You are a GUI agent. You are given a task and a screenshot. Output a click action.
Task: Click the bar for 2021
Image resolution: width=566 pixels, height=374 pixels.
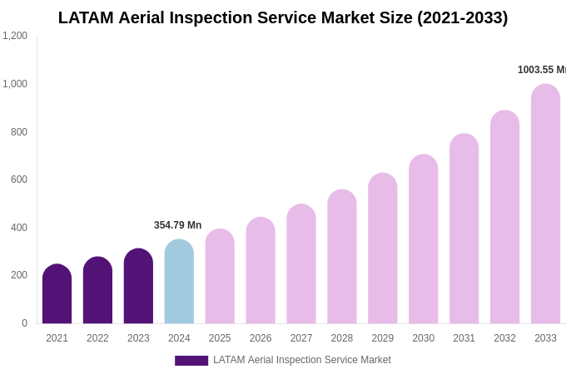[x=57, y=294]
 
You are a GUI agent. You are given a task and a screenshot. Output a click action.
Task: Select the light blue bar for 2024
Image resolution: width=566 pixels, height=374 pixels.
[x=179, y=282]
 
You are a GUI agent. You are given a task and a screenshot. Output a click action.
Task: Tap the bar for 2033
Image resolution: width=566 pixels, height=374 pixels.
[x=545, y=204]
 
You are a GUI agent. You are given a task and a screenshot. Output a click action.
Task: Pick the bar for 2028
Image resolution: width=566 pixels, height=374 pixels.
[x=342, y=257]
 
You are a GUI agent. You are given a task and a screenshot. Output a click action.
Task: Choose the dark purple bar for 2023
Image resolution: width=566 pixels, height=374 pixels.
[x=138, y=286]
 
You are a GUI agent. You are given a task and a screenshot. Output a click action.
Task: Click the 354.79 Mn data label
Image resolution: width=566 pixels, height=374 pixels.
[x=177, y=225]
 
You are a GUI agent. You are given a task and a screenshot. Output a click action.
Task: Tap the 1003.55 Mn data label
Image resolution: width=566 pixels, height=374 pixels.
[x=541, y=70]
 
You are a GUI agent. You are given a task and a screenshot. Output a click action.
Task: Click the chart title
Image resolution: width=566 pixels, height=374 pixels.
[x=283, y=17]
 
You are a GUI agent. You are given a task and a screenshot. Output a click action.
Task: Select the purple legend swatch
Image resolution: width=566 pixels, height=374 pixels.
[x=191, y=361]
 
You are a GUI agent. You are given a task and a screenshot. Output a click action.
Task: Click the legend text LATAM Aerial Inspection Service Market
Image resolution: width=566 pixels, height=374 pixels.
[x=301, y=360]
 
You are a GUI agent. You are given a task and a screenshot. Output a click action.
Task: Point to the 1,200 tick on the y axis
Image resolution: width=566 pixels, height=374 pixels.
[x=15, y=36]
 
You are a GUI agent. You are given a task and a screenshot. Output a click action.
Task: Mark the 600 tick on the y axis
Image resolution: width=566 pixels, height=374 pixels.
[x=18, y=180]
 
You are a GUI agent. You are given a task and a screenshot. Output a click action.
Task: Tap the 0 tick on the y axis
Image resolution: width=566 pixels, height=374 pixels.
[x=24, y=323]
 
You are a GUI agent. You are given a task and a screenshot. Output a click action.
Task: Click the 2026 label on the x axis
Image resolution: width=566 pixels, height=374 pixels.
[x=261, y=338]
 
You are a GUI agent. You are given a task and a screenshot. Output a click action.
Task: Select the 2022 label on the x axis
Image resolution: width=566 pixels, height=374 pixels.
[x=97, y=338]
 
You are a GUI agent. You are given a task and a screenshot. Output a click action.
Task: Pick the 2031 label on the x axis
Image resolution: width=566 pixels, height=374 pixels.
[x=464, y=338]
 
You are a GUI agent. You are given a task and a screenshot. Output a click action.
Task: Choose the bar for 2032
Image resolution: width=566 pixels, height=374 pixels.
[x=504, y=217]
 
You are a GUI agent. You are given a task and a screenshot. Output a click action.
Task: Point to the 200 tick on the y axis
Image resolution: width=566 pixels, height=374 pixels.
[x=18, y=275]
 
